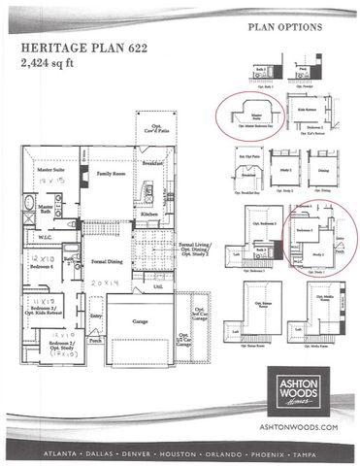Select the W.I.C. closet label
[46, 236]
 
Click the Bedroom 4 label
[38, 267]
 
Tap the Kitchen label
[148, 214]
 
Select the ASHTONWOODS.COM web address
[300, 426]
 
